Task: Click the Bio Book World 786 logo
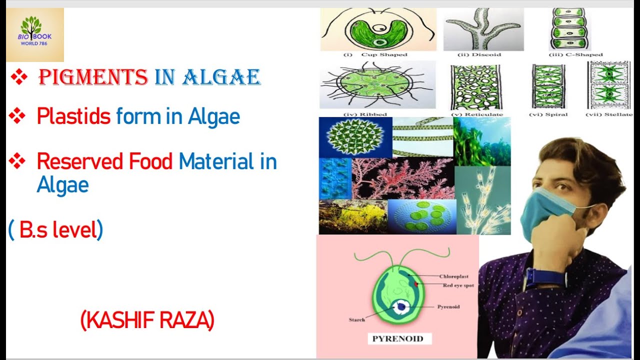tap(35, 34)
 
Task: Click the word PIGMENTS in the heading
tap(93, 77)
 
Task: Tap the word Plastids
tap(73, 116)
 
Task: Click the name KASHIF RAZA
tap(147, 320)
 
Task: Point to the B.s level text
tap(55, 229)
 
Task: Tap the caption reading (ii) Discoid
tap(479, 54)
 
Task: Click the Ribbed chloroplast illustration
tap(377, 84)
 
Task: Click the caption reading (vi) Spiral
tap(548, 114)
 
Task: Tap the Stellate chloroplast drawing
tap(609, 84)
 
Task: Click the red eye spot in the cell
tap(415, 284)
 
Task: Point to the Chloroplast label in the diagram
tap(454, 276)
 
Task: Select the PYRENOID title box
tap(397, 338)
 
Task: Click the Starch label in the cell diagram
tap(356, 319)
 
